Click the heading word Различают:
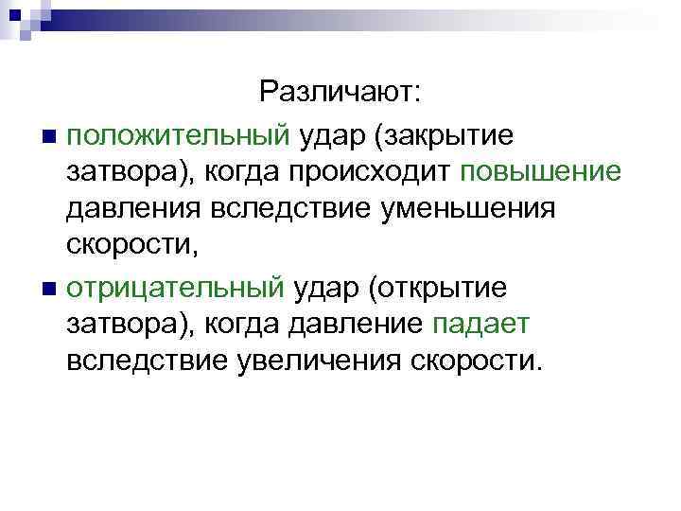(x=343, y=92)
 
